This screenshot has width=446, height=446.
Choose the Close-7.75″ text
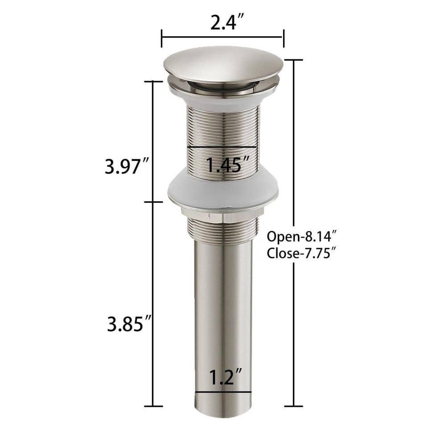click(x=301, y=254)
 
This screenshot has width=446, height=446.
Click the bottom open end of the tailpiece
click(x=223, y=417)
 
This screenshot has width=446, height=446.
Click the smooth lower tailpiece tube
click(x=223, y=303)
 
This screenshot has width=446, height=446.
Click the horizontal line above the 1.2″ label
click(x=223, y=393)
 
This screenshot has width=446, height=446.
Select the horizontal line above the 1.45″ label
click(x=222, y=147)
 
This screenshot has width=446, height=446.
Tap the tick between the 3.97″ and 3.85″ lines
click(x=153, y=202)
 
